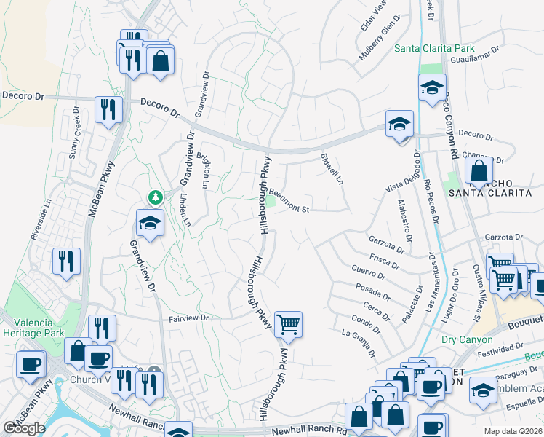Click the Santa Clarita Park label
[x=434, y=49]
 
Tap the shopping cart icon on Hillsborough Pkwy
[x=288, y=324]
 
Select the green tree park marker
[x=155, y=197]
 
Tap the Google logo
[x=24, y=428]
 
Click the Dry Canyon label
[x=467, y=339]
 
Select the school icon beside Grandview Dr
[x=150, y=223]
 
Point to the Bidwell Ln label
[x=331, y=168]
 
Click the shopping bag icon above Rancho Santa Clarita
[x=479, y=172]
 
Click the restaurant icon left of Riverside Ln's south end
[x=66, y=261]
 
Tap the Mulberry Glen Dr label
[x=380, y=42]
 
